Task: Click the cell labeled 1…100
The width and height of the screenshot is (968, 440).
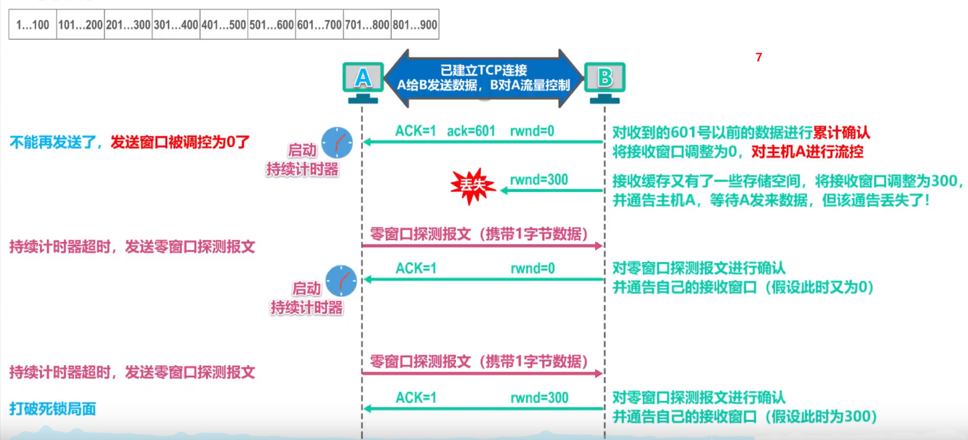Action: [x=32, y=25]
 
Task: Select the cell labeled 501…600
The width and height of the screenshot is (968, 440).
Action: [x=271, y=25]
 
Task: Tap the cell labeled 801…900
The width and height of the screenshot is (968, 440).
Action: [x=414, y=25]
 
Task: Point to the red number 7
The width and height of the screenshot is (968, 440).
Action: [x=759, y=58]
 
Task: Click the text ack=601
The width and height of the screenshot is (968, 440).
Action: [x=471, y=131]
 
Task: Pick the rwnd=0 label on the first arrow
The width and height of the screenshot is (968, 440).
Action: [x=532, y=131]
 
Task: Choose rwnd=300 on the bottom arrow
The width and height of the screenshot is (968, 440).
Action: [x=539, y=398]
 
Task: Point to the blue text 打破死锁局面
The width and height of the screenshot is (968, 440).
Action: [x=53, y=408]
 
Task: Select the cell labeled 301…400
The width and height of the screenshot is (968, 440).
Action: [x=176, y=25]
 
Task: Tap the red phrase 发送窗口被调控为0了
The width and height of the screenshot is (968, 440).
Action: [x=180, y=142]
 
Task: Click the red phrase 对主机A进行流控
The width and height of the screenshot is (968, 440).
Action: [x=807, y=152]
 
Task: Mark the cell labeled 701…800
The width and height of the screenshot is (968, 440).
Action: [x=366, y=25]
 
